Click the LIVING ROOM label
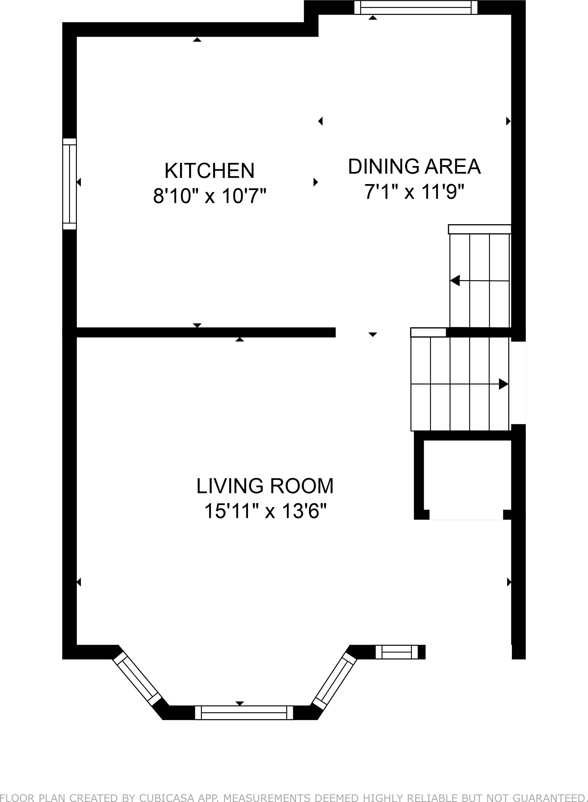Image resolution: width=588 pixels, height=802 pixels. (265, 486)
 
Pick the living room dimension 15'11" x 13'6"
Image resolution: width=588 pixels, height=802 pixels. (265, 512)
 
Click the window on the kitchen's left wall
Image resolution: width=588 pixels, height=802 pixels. (70, 184)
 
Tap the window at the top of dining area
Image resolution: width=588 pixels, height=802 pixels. (416, 7)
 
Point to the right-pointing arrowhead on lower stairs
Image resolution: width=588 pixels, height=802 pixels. (503, 384)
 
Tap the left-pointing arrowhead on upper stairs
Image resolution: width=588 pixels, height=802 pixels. (455, 281)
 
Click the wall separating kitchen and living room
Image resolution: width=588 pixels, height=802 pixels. (206, 332)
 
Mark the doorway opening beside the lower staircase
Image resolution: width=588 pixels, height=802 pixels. (518, 383)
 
